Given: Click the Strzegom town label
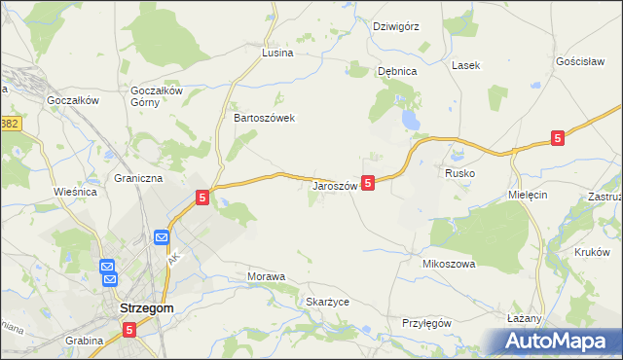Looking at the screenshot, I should click(145, 308).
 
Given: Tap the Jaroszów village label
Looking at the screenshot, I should click(335, 185).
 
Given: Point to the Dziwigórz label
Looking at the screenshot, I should click(395, 26).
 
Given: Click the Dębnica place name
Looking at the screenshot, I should click(397, 71).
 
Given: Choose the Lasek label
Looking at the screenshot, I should click(465, 65).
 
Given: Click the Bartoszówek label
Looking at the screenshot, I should click(264, 118).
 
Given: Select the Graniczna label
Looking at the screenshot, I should click(138, 179).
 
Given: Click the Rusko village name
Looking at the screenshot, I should click(459, 173).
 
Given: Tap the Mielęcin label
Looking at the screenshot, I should click(529, 195).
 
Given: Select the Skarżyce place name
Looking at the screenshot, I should click(327, 303).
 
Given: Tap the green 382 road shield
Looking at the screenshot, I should click(10, 125).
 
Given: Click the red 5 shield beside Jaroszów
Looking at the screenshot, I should click(368, 182).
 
